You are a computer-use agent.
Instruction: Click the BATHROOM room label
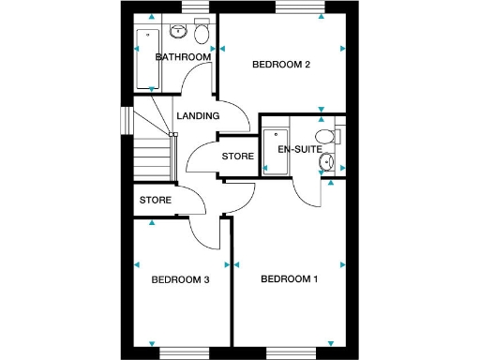pos(183,57)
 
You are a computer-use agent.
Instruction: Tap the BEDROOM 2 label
pos(282,65)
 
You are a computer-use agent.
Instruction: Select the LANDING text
pos(198,116)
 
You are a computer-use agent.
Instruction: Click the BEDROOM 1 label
pos(290,278)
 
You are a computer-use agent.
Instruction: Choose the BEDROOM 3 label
pos(180,279)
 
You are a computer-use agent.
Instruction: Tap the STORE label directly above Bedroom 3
pos(156,200)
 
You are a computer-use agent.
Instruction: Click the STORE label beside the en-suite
pos(237,156)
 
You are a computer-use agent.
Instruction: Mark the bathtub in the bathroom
pos(145,58)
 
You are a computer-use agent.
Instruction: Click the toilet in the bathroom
pos(199,34)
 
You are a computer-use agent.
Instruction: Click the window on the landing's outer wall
pos(125,122)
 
